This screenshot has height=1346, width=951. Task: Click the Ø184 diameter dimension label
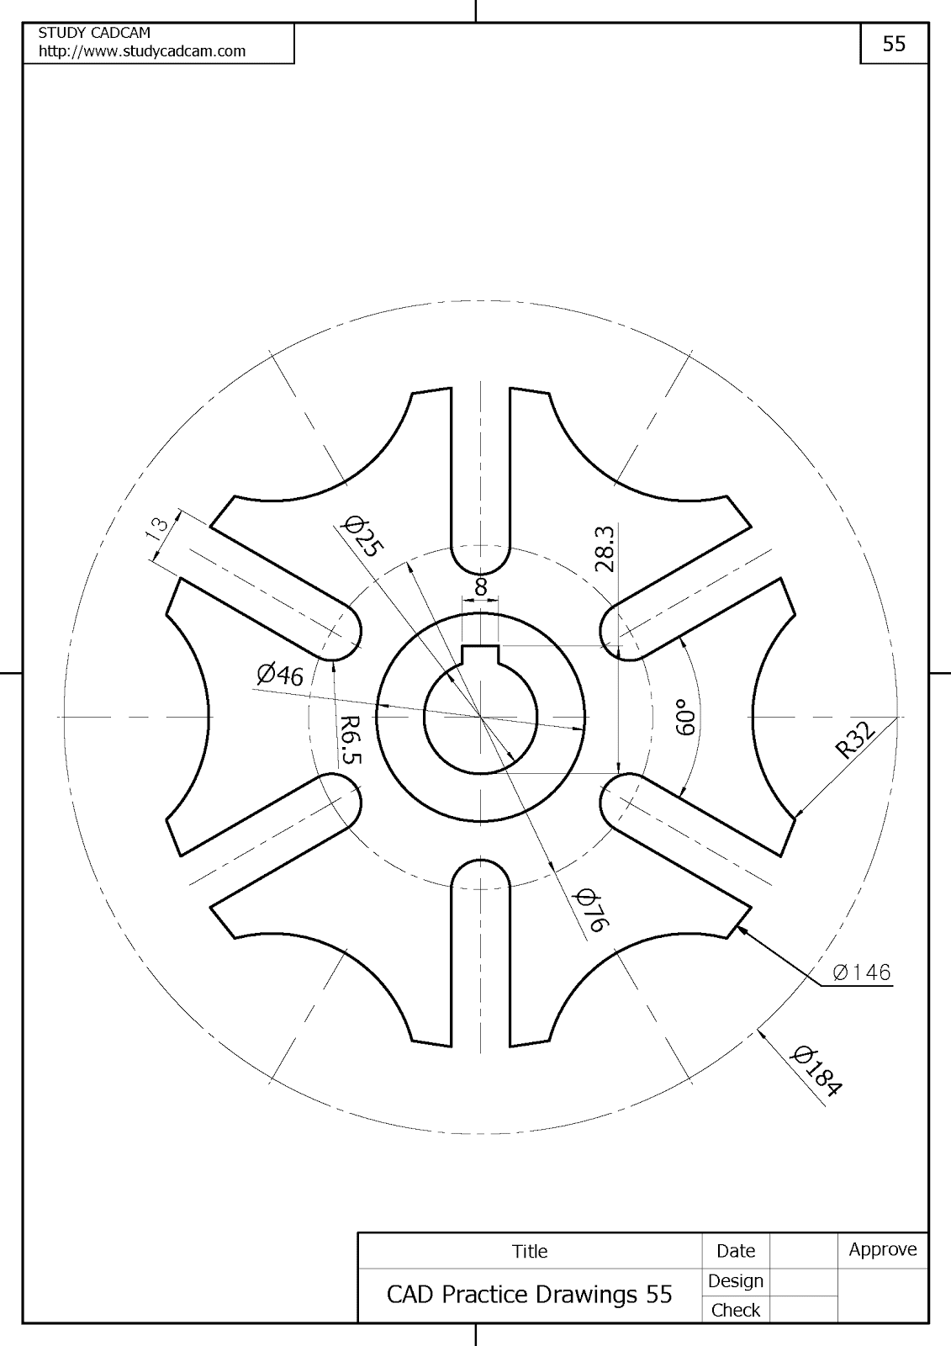tap(817, 1072)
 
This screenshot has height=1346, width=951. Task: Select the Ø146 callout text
tap(862, 972)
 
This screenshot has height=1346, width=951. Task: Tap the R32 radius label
tap(855, 741)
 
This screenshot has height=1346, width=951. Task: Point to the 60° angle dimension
tap(685, 717)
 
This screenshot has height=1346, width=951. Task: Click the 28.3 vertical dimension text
tap(605, 549)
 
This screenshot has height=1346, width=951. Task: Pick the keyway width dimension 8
tap(481, 586)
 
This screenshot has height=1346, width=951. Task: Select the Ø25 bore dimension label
tap(362, 536)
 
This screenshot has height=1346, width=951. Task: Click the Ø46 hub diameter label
tap(280, 675)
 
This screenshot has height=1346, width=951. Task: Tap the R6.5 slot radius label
tap(351, 739)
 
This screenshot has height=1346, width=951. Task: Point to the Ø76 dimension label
tap(592, 910)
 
